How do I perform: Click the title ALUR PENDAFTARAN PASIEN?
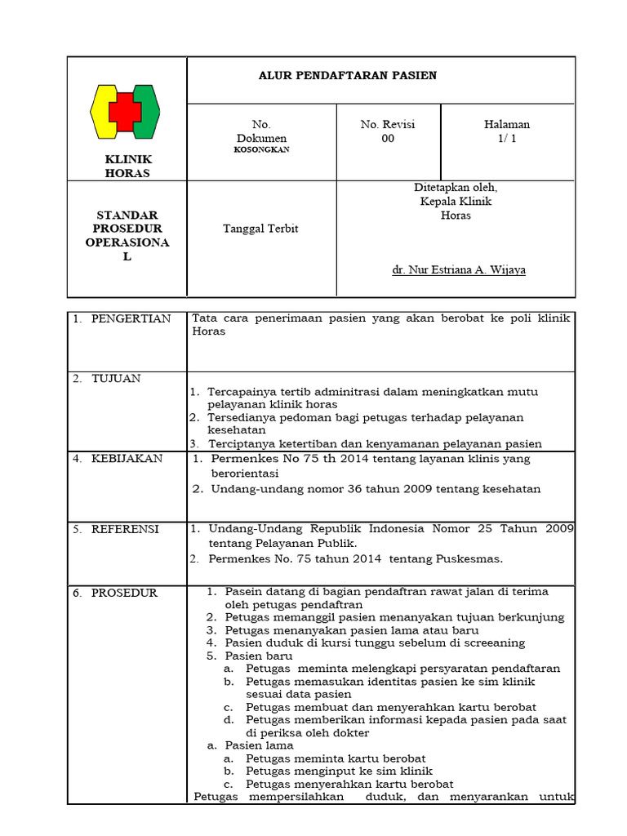point(347,76)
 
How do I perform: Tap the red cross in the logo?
point(125,111)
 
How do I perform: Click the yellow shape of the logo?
point(102,111)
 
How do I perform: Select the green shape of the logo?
point(147,111)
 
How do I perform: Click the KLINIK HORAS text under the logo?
point(127,166)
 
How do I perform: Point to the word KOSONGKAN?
point(260,150)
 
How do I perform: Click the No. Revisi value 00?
point(388,139)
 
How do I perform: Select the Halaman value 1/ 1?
point(507,139)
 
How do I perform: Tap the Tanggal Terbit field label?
point(260,229)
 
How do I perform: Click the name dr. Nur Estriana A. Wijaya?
point(459,269)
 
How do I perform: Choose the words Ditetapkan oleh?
point(456,187)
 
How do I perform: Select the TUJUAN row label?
point(116,378)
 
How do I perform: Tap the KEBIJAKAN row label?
point(127,458)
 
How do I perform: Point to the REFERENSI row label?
point(125,529)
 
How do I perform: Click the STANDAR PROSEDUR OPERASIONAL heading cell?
point(127,236)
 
